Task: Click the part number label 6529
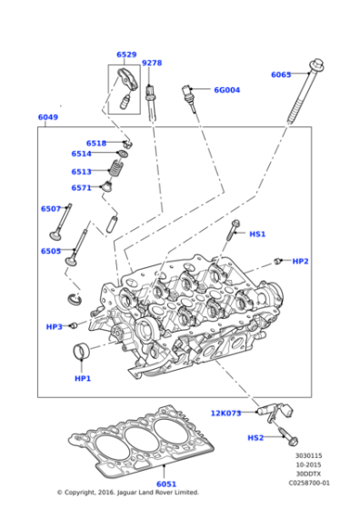point(126,55)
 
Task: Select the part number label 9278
point(152,63)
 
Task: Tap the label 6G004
point(226,90)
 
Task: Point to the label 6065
point(281,75)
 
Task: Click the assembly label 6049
point(48,118)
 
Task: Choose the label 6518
point(96,144)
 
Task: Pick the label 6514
point(82,155)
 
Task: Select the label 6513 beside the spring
point(82,172)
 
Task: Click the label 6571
point(82,188)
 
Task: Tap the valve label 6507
point(50,209)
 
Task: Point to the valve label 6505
point(50,251)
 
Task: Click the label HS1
point(257,234)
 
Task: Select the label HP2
point(300,261)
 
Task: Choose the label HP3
point(55,326)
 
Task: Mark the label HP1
point(83,377)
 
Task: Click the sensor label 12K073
point(226,414)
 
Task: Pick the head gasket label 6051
point(166,484)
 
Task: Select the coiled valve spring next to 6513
point(115,169)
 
